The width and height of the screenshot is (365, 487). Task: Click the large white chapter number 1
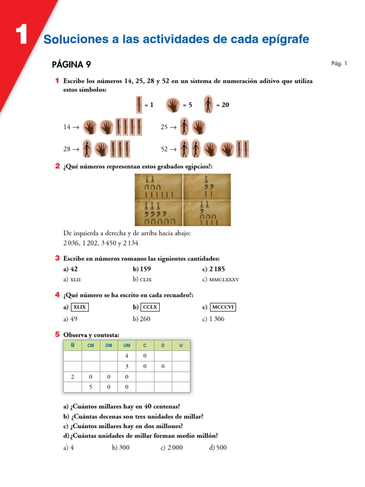click(x=21, y=36)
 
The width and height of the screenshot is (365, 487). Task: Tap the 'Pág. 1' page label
click(x=339, y=63)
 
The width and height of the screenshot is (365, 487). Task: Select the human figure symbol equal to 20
click(x=208, y=105)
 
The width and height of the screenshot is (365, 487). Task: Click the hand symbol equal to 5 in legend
click(x=173, y=105)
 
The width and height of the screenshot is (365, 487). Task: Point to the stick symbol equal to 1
click(x=139, y=105)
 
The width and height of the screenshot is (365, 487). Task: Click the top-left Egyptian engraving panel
click(x=159, y=186)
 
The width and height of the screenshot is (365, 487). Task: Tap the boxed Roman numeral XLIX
click(x=79, y=307)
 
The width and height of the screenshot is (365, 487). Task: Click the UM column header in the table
click(x=126, y=345)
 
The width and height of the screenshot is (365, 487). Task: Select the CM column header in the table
click(x=91, y=345)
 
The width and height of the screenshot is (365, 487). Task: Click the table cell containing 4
click(x=126, y=356)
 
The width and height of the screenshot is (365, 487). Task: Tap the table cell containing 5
click(x=91, y=387)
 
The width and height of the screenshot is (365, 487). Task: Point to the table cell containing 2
click(x=73, y=377)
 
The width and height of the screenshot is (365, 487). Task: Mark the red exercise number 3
click(x=57, y=258)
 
